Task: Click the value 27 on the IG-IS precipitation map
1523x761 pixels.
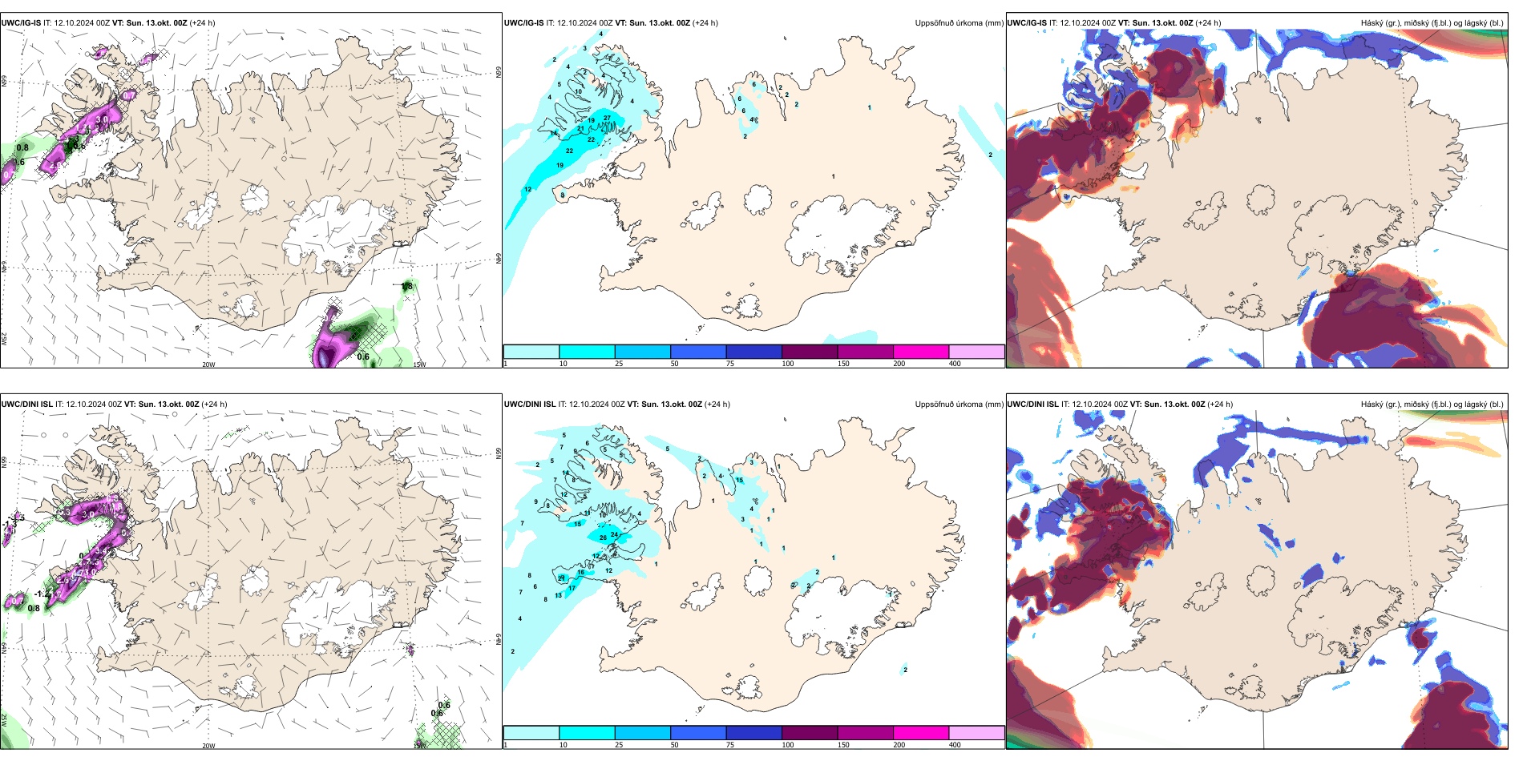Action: tap(607, 118)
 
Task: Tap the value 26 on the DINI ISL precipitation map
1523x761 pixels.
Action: tap(603, 538)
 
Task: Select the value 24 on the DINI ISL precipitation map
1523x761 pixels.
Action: tap(614, 534)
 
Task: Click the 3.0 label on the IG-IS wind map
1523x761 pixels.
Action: tap(102, 119)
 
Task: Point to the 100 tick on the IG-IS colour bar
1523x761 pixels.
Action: tap(788, 364)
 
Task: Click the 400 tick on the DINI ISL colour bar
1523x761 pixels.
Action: tap(955, 745)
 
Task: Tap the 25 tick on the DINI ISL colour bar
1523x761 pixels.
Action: tap(619, 745)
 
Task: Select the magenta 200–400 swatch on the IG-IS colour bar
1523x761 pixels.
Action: tap(921, 352)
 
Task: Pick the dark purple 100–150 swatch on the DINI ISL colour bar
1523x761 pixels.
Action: tap(810, 733)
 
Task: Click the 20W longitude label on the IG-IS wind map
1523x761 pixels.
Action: tap(208, 364)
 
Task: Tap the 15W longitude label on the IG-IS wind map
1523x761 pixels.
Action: tap(419, 364)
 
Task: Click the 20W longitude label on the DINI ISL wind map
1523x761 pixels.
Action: tap(208, 746)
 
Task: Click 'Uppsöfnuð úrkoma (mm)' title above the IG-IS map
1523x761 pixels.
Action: tap(959, 23)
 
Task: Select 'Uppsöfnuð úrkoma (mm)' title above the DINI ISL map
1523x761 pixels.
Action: tap(959, 405)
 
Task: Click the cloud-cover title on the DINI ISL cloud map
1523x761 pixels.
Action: tap(1432, 405)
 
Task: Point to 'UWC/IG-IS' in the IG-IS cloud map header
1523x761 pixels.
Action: tap(1027, 23)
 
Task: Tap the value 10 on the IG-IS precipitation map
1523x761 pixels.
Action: tap(578, 91)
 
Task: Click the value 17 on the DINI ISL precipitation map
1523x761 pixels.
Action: tap(572, 588)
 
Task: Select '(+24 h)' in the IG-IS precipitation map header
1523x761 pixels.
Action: tap(705, 23)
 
